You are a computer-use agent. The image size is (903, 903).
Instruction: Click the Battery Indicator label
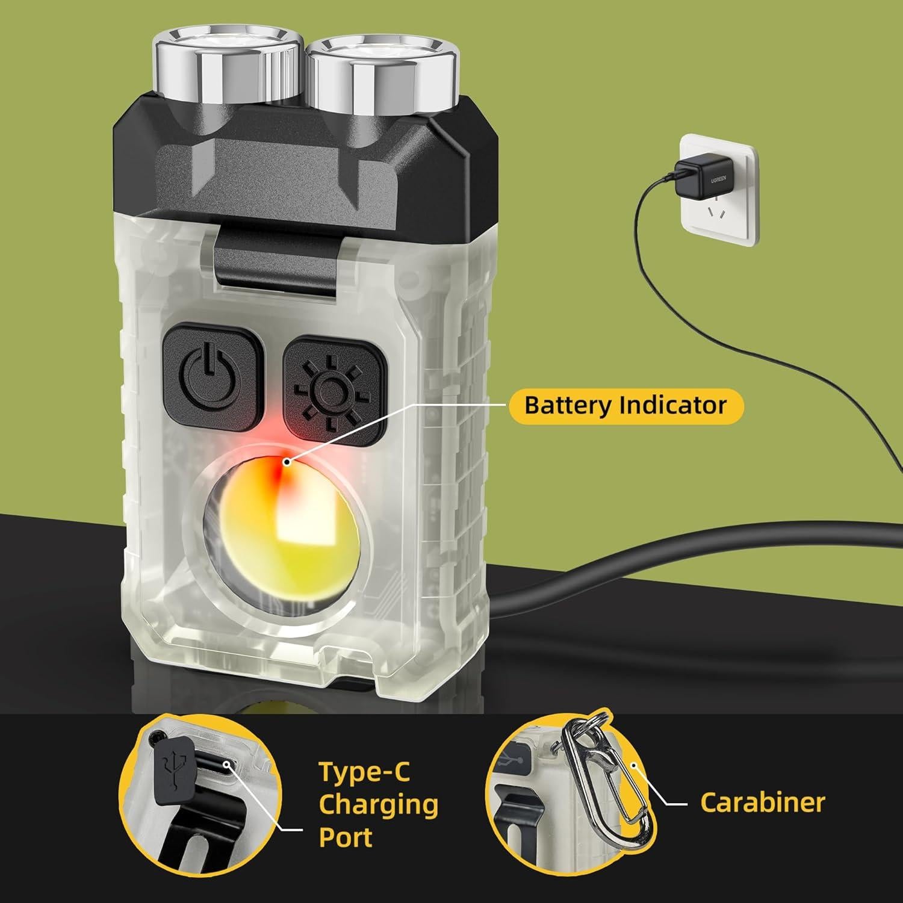[x=625, y=405]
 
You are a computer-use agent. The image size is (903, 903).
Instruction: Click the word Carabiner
[x=763, y=802]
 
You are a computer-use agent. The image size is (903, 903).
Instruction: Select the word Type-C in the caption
[x=364, y=772]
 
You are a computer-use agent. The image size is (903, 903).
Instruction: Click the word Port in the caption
[x=346, y=837]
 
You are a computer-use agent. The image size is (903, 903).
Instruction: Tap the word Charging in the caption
[x=378, y=805]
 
